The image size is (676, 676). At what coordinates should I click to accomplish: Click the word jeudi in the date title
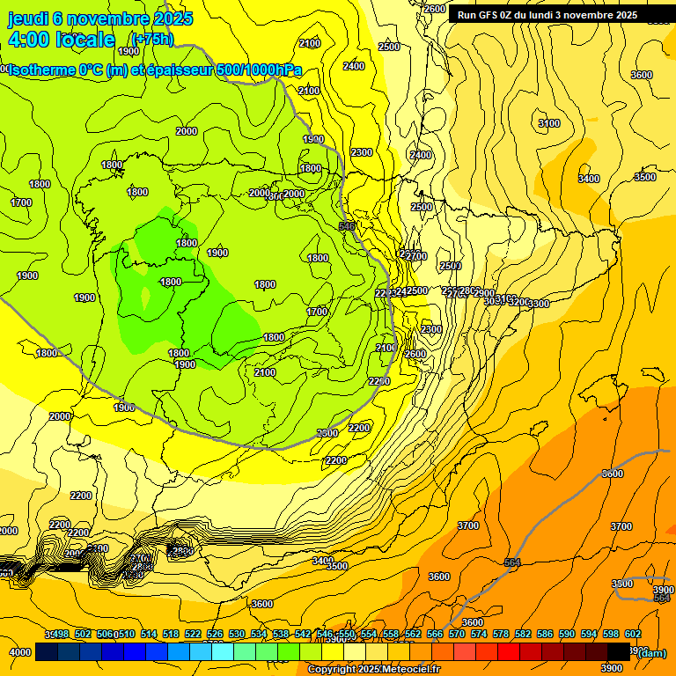[29, 18]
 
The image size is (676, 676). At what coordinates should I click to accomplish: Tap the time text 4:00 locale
[61, 40]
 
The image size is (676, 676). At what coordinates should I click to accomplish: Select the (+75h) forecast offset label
[151, 40]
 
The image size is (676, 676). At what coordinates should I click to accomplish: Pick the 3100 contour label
[548, 123]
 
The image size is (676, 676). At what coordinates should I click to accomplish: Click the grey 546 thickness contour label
[347, 226]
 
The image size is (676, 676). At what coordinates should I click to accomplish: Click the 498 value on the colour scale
[61, 634]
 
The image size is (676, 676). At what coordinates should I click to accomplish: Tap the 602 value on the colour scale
[633, 634]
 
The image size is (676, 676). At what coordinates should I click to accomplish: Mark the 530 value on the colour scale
[237, 634]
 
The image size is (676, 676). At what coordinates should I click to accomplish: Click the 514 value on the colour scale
[149, 634]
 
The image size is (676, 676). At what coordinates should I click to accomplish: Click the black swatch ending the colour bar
[619, 651]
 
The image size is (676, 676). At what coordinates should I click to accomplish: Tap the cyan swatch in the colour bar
[223, 651]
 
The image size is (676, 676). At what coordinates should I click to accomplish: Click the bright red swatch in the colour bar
[509, 651]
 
